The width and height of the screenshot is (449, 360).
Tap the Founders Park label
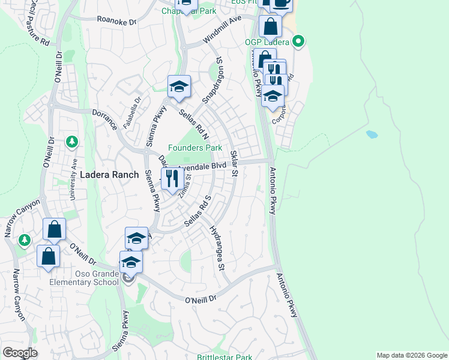(195, 148)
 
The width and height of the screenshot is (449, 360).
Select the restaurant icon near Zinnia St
(172, 179)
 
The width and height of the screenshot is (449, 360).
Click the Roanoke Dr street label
(118, 20)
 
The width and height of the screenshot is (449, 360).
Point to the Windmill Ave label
(221, 29)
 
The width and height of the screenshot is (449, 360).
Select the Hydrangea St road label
(217, 247)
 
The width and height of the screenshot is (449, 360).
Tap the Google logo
(20, 353)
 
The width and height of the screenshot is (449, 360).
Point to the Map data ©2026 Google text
(411, 355)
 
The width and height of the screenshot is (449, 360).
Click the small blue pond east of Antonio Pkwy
(372, 134)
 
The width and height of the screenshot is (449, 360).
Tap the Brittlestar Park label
(224, 358)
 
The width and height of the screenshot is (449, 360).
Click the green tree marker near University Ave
(72, 142)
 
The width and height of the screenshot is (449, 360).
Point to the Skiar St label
(235, 164)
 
